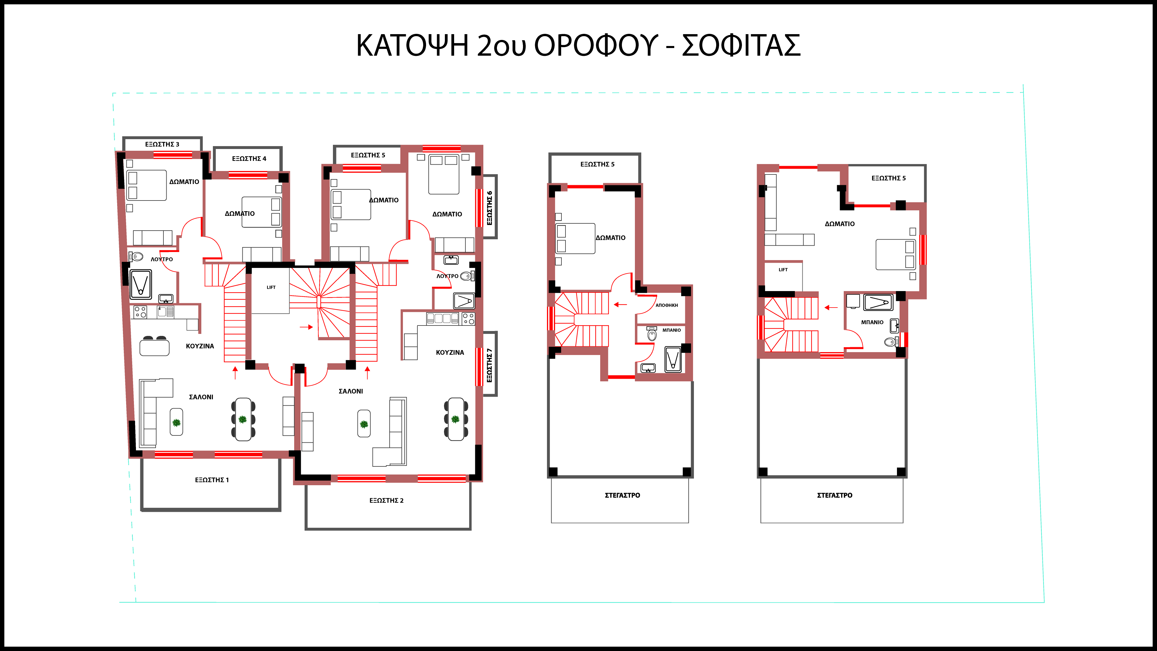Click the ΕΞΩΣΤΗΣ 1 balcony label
coord(211,480)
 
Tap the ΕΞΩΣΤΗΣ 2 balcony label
coord(386,501)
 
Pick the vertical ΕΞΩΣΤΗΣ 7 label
coord(490,365)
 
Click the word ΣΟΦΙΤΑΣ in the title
coord(741,45)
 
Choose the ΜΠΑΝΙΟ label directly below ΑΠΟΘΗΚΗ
coord(671,330)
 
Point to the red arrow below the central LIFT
coord(306,327)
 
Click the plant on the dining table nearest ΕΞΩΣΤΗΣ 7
coord(456,419)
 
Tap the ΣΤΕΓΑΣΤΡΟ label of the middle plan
coord(622,495)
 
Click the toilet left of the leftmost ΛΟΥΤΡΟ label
coord(136,257)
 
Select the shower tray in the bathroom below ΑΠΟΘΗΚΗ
coord(673,359)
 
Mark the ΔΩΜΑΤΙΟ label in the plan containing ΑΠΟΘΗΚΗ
coord(610,238)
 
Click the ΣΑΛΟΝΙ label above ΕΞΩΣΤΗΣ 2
coord(351,391)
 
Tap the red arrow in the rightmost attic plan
coord(831,308)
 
